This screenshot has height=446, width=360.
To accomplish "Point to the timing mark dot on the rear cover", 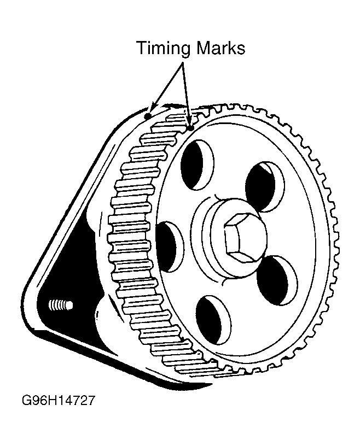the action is pos(147,116).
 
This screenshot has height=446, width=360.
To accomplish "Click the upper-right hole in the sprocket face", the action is pos(264,185).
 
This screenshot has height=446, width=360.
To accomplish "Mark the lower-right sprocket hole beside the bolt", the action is pos(276,281).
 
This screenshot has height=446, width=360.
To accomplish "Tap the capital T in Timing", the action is pos(141,48).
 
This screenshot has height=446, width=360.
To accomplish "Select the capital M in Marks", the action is pos(201,48).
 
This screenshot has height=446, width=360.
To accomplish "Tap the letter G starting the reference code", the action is pos(27,401).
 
